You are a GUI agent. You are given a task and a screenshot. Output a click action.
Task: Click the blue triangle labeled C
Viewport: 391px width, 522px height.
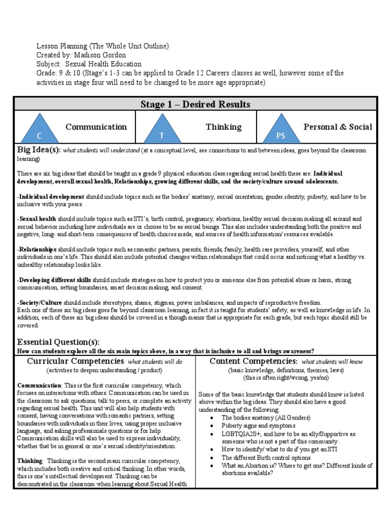coord(39,129)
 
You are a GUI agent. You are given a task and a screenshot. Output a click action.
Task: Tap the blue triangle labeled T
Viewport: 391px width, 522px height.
coord(161,129)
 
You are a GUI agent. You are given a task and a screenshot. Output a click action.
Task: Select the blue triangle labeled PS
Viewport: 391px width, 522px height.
coord(281,129)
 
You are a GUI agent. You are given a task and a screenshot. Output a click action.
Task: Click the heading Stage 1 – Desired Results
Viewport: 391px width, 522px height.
coord(195,105)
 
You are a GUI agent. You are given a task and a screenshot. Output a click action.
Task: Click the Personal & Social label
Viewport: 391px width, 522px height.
coord(338,127)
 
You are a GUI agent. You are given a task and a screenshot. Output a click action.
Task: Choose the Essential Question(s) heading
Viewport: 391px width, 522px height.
coord(59,342)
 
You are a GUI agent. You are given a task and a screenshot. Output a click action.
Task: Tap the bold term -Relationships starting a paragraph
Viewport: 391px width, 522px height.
coord(37,250)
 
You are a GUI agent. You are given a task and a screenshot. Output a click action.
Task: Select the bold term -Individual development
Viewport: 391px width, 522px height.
coord(51,197)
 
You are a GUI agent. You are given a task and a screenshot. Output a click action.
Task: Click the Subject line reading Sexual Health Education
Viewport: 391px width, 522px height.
coord(89,64)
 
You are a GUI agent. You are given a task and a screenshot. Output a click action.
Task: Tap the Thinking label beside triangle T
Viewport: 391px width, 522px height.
coord(224,127)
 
